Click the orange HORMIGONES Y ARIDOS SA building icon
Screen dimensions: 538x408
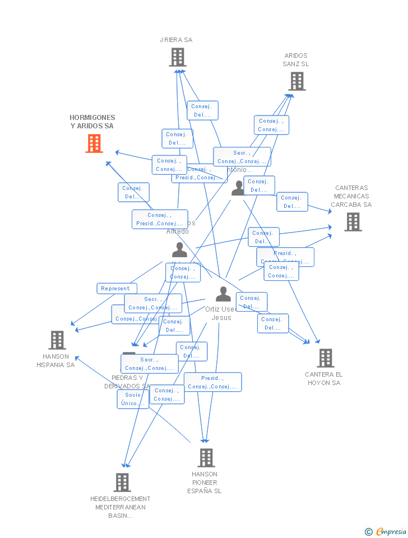tap(94, 144)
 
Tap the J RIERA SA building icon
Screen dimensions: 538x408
tap(178, 57)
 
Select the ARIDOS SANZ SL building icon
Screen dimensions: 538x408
tap(296, 81)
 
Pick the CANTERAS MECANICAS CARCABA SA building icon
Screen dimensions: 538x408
tap(353, 222)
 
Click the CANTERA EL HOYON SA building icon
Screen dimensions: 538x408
tap(325, 358)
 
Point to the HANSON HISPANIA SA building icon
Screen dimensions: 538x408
tap(57, 340)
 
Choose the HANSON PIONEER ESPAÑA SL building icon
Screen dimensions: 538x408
tap(206, 458)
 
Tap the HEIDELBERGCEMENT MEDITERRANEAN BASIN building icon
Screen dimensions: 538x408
tap(122, 483)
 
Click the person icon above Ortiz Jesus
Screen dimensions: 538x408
tap(223, 294)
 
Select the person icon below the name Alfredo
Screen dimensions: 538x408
tap(179, 250)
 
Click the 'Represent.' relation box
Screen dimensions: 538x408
tap(117, 289)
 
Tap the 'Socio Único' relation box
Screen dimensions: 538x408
tap(133, 399)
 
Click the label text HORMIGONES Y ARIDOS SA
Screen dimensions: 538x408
tap(92, 122)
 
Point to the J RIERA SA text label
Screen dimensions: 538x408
tap(176, 40)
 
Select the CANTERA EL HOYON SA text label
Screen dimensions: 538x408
tap(323, 379)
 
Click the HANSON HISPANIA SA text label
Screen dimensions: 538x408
tap(55, 360)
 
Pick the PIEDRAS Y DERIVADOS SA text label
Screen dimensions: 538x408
tap(127, 382)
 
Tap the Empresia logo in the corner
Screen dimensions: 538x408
tap(391, 531)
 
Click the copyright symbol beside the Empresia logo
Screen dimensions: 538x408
tap(368, 531)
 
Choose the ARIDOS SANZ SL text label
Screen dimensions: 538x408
tap(296, 59)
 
